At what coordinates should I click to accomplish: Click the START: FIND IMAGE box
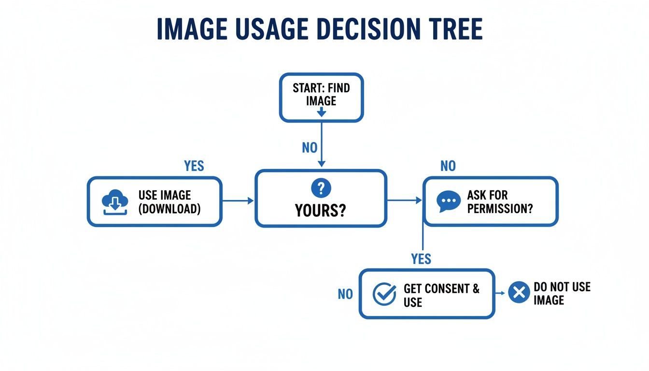pos(321,97)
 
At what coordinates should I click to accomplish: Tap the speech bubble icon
pos(449,202)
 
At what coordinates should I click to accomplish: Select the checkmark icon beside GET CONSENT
pos(384,294)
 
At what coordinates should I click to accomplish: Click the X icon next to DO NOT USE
pos(519,292)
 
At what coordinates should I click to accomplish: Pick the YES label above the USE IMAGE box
pos(194,166)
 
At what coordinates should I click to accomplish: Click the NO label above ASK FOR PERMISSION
pos(448,166)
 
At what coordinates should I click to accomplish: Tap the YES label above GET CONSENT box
pos(421,259)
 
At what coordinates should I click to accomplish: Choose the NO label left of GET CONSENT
pos(345,294)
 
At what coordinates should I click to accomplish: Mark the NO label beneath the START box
pos(310,147)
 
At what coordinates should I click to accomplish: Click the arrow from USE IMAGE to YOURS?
pos(238,200)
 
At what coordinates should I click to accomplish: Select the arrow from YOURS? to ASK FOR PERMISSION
pos(405,200)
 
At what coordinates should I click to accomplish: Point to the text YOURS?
pos(321,211)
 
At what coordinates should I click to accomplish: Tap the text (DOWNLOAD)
pos(169,209)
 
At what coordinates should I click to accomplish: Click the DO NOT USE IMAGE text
pos(562,293)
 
